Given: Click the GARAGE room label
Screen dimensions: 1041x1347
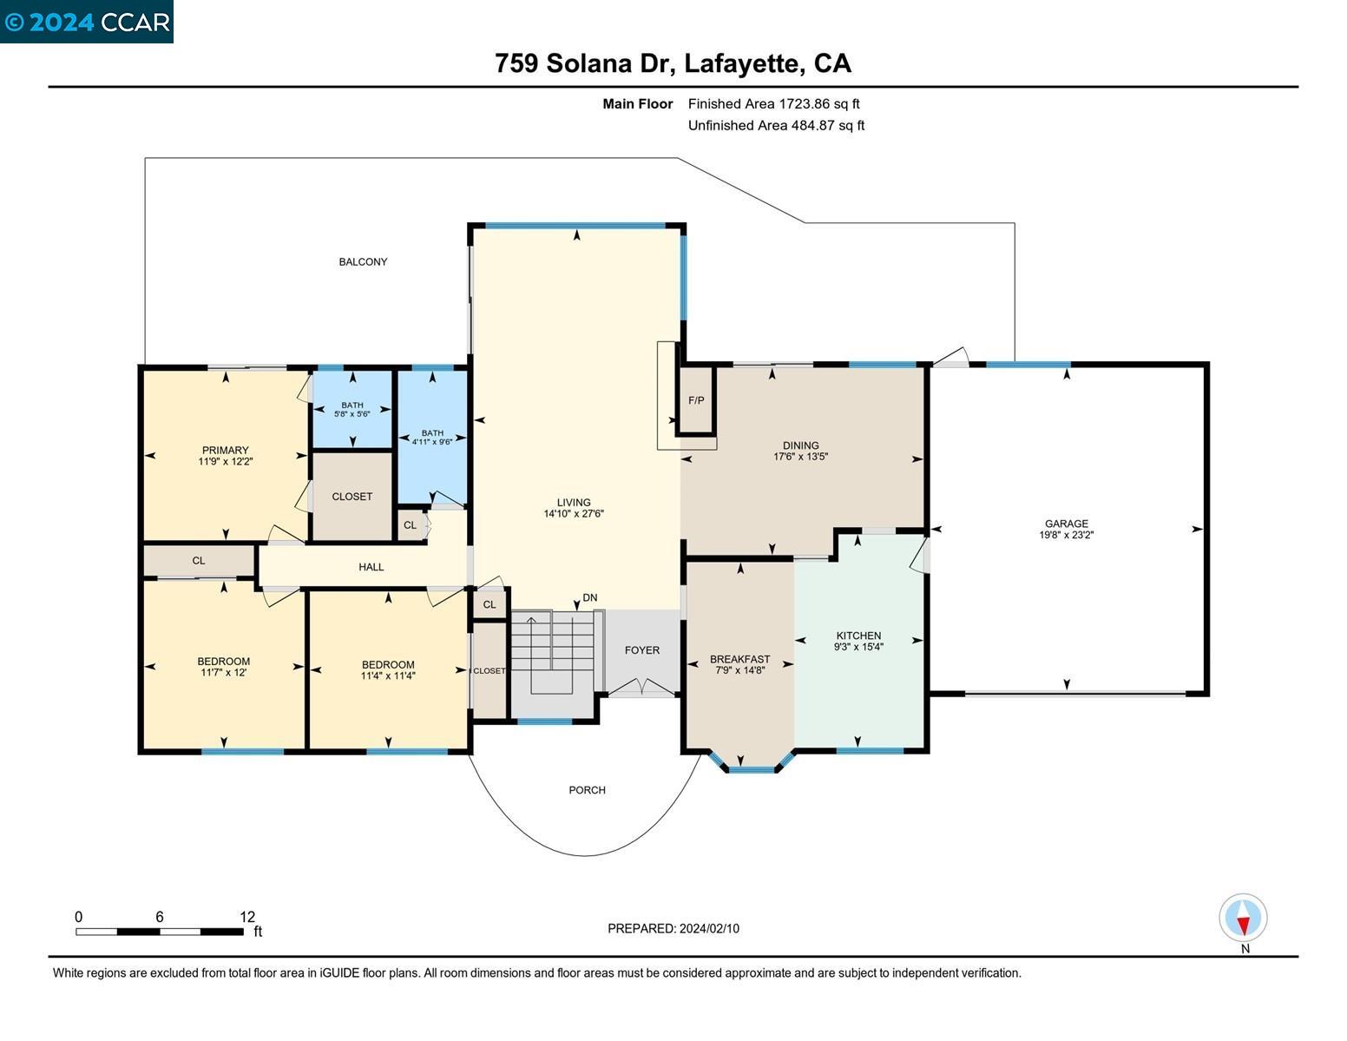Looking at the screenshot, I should pyautogui.click(x=1066, y=524).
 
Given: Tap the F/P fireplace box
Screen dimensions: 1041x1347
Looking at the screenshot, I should pyautogui.click(x=696, y=400).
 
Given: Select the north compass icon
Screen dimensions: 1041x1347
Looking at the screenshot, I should pyautogui.click(x=1243, y=918).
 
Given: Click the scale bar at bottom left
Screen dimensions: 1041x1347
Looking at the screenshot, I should pyautogui.click(x=160, y=932).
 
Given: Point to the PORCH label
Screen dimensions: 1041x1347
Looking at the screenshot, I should pyautogui.click(x=587, y=790).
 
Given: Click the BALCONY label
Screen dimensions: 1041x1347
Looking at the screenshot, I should pyautogui.click(x=363, y=261).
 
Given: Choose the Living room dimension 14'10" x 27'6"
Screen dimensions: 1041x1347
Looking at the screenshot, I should pyautogui.click(x=574, y=514).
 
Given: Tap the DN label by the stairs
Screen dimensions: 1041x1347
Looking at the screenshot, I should pyautogui.click(x=590, y=597).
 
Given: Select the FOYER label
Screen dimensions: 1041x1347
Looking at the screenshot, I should pyautogui.click(x=642, y=650).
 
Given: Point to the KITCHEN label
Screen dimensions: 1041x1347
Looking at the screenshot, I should pyautogui.click(x=858, y=636).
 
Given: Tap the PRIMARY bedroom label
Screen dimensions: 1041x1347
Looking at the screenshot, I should pyautogui.click(x=226, y=450).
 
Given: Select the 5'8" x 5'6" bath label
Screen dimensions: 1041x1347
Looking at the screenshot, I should pyautogui.click(x=352, y=415).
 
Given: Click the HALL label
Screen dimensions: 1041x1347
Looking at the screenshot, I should pyautogui.click(x=371, y=567).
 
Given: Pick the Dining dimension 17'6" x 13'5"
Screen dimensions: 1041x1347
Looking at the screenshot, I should pyautogui.click(x=800, y=457).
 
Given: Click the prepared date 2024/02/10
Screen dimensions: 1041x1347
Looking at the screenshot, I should pyautogui.click(x=709, y=928).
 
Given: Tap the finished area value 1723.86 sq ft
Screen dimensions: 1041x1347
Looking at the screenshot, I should pyautogui.click(x=818, y=104).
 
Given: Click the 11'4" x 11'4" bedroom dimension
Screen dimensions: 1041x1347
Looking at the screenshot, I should pyautogui.click(x=388, y=675).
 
